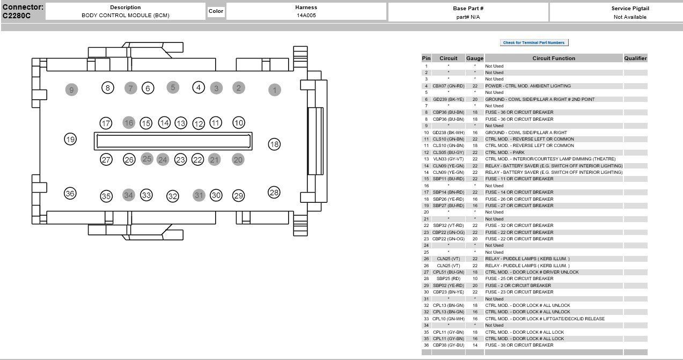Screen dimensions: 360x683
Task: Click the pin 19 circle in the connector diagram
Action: click(x=70, y=139)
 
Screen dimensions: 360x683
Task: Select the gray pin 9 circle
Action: click(x=71, y=90)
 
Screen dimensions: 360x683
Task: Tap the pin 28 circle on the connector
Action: click(x=274, y=193)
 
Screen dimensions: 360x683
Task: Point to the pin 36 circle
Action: click(x=70, y=194)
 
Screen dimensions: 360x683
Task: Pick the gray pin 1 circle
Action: click(x=274, y=90)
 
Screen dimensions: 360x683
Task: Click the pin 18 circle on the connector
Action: click(x=274, y=144)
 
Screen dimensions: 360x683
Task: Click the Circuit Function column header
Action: click(x=553, y=58)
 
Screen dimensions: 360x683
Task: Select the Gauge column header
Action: click(x=474, y=58)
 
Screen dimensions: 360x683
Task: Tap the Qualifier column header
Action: click(x=635, y=58)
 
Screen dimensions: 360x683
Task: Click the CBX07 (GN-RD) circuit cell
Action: click(x=449, y=86)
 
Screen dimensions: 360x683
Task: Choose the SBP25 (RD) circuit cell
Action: click(x=449, y=279)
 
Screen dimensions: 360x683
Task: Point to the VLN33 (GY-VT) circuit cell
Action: click(x=449, y=159)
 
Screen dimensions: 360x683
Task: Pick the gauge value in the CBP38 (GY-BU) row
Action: click(x=474, y=346)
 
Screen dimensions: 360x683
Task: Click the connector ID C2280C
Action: click(x=17, y=16)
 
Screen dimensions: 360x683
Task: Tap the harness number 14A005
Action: click(x=306, y=16)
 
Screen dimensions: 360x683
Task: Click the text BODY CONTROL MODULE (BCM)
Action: click(x=125, y=16)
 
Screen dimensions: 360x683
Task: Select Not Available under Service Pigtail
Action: click(x=630, y=17)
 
